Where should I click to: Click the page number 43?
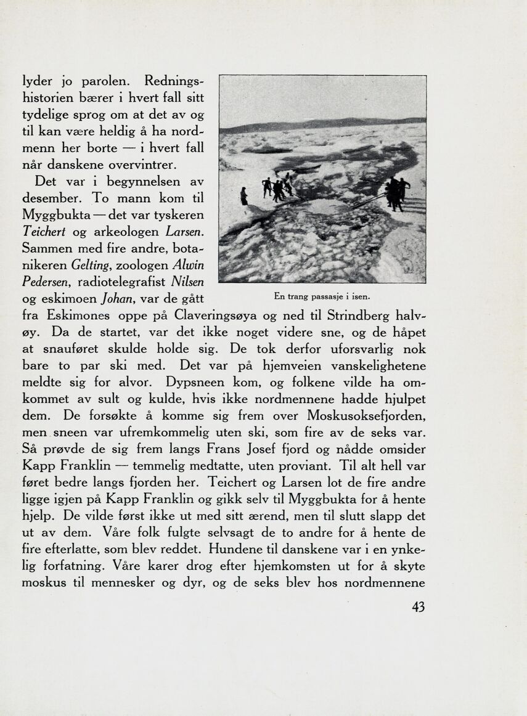418,607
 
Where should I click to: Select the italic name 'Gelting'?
91,265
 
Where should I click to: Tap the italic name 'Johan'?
116,299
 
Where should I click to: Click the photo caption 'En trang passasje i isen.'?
321,296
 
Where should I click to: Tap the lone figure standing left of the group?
244,196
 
